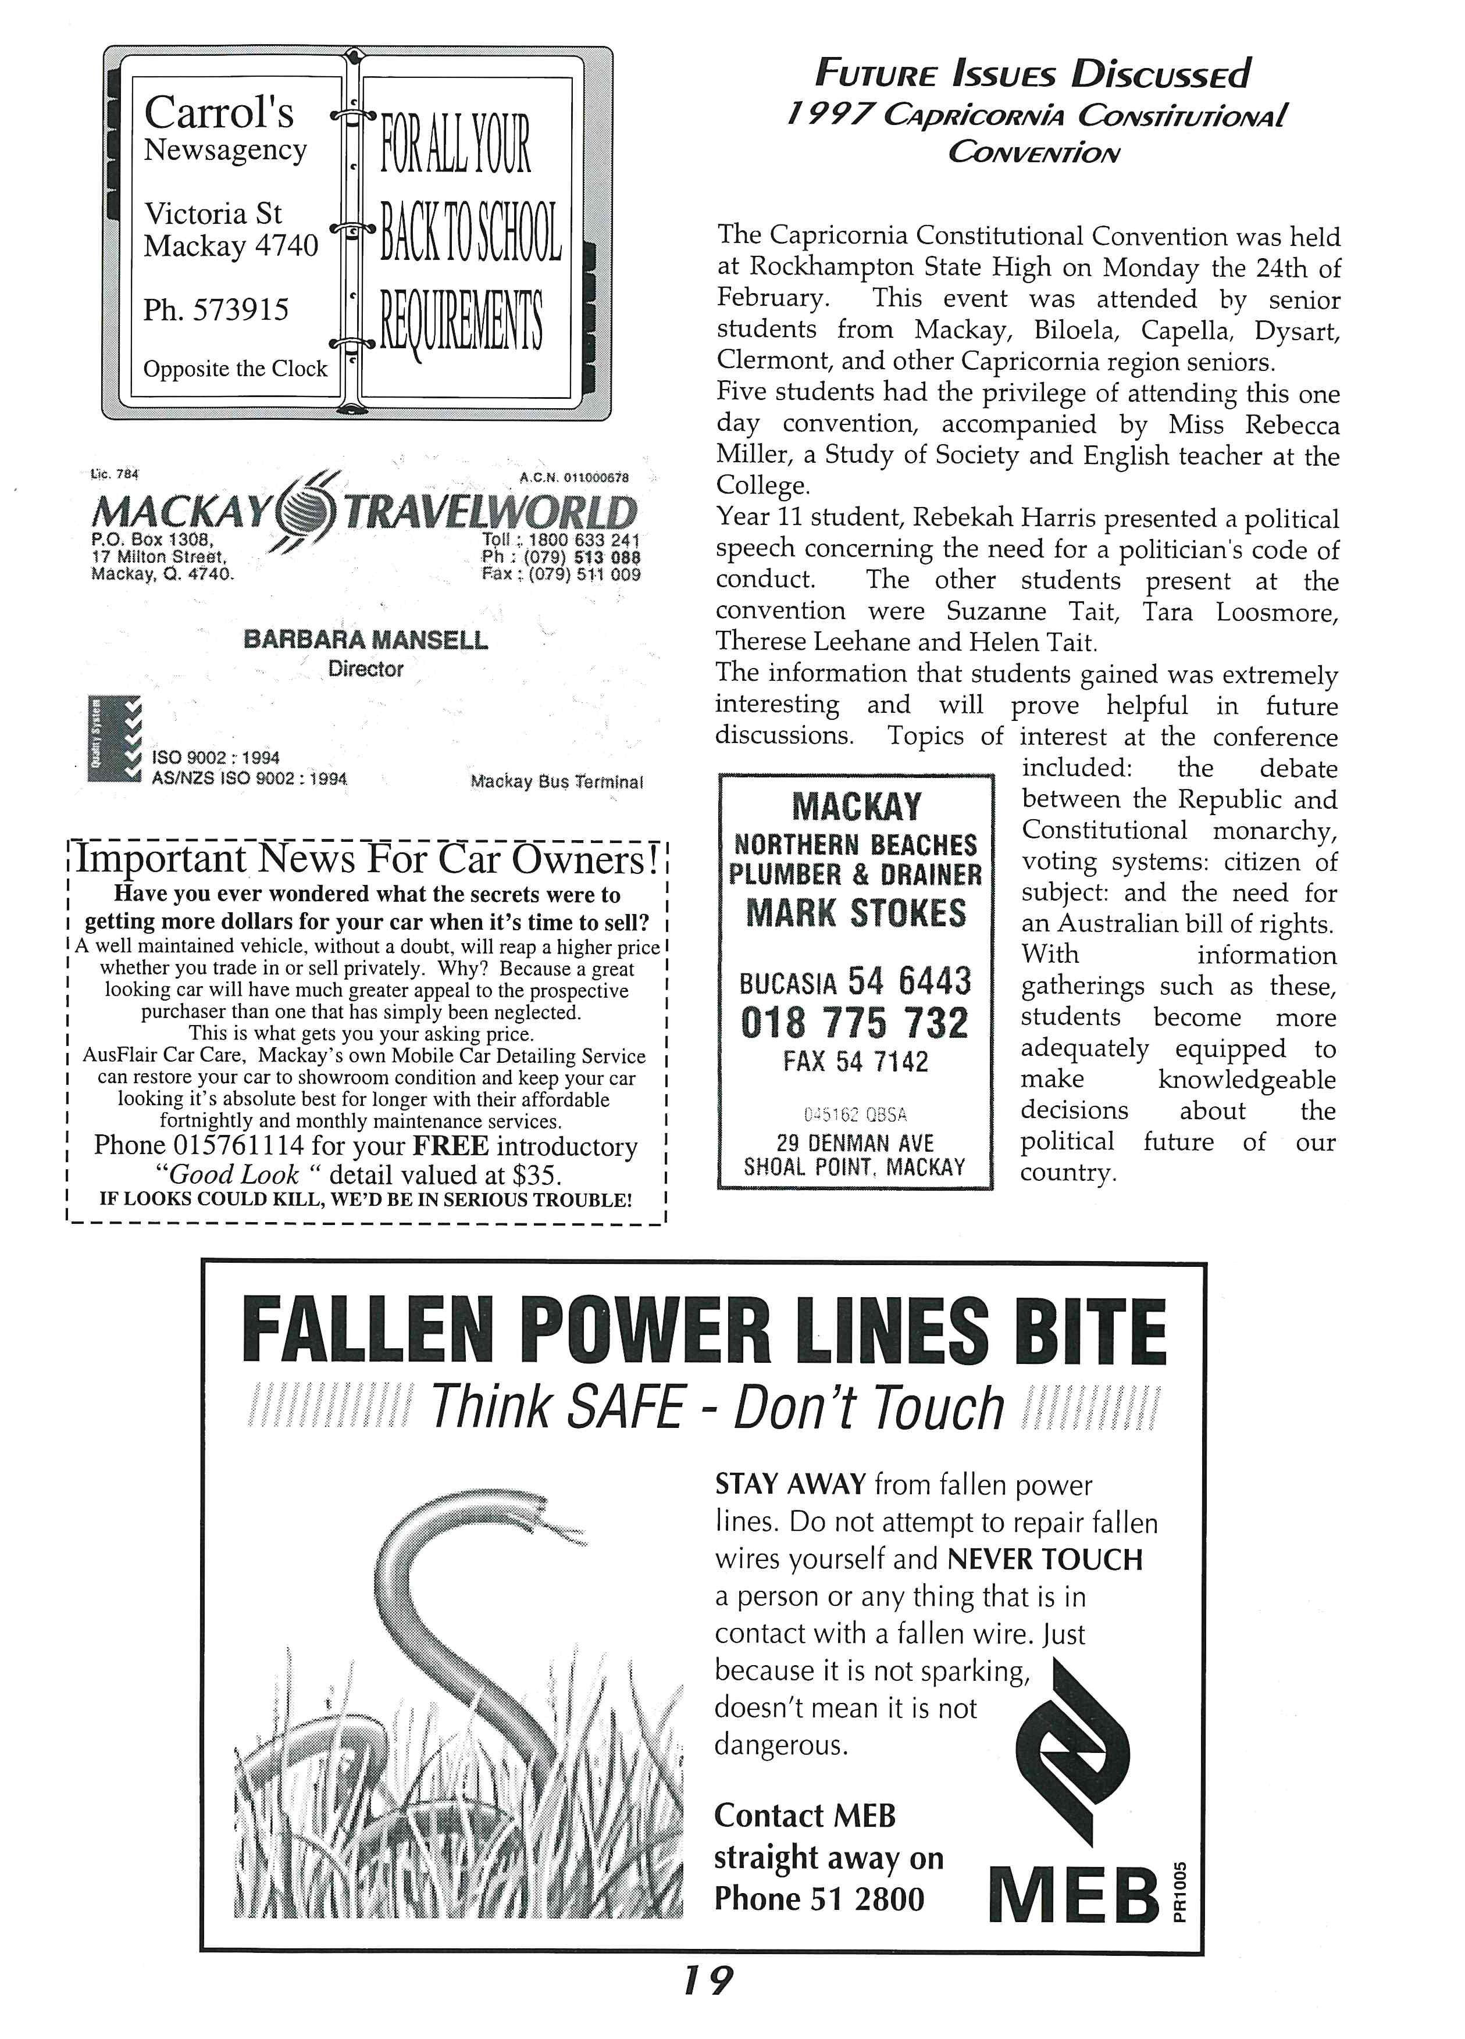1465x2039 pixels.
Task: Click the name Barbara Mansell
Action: (x=365, y=640)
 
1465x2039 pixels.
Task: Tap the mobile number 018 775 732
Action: (x=854, y=1023)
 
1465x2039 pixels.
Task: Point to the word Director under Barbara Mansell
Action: (x=365, y=669)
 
